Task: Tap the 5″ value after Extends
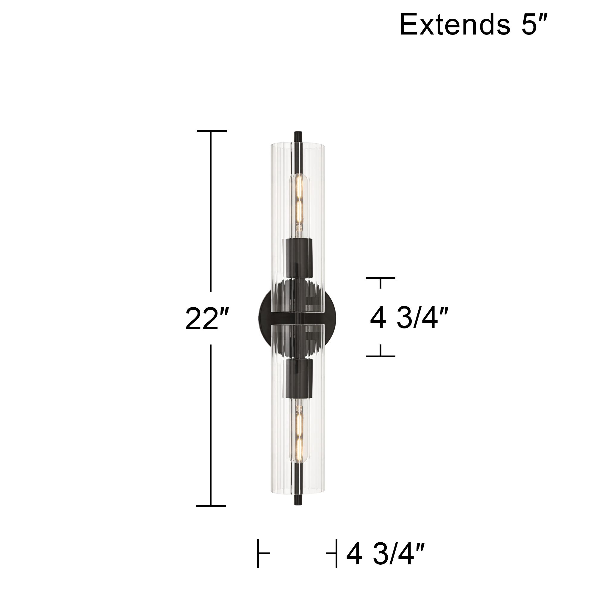534,25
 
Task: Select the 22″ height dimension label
207,319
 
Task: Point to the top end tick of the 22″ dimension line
212,131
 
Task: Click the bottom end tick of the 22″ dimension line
211,506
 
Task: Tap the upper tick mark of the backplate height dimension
380,278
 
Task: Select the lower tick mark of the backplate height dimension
380,356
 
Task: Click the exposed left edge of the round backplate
264,317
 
